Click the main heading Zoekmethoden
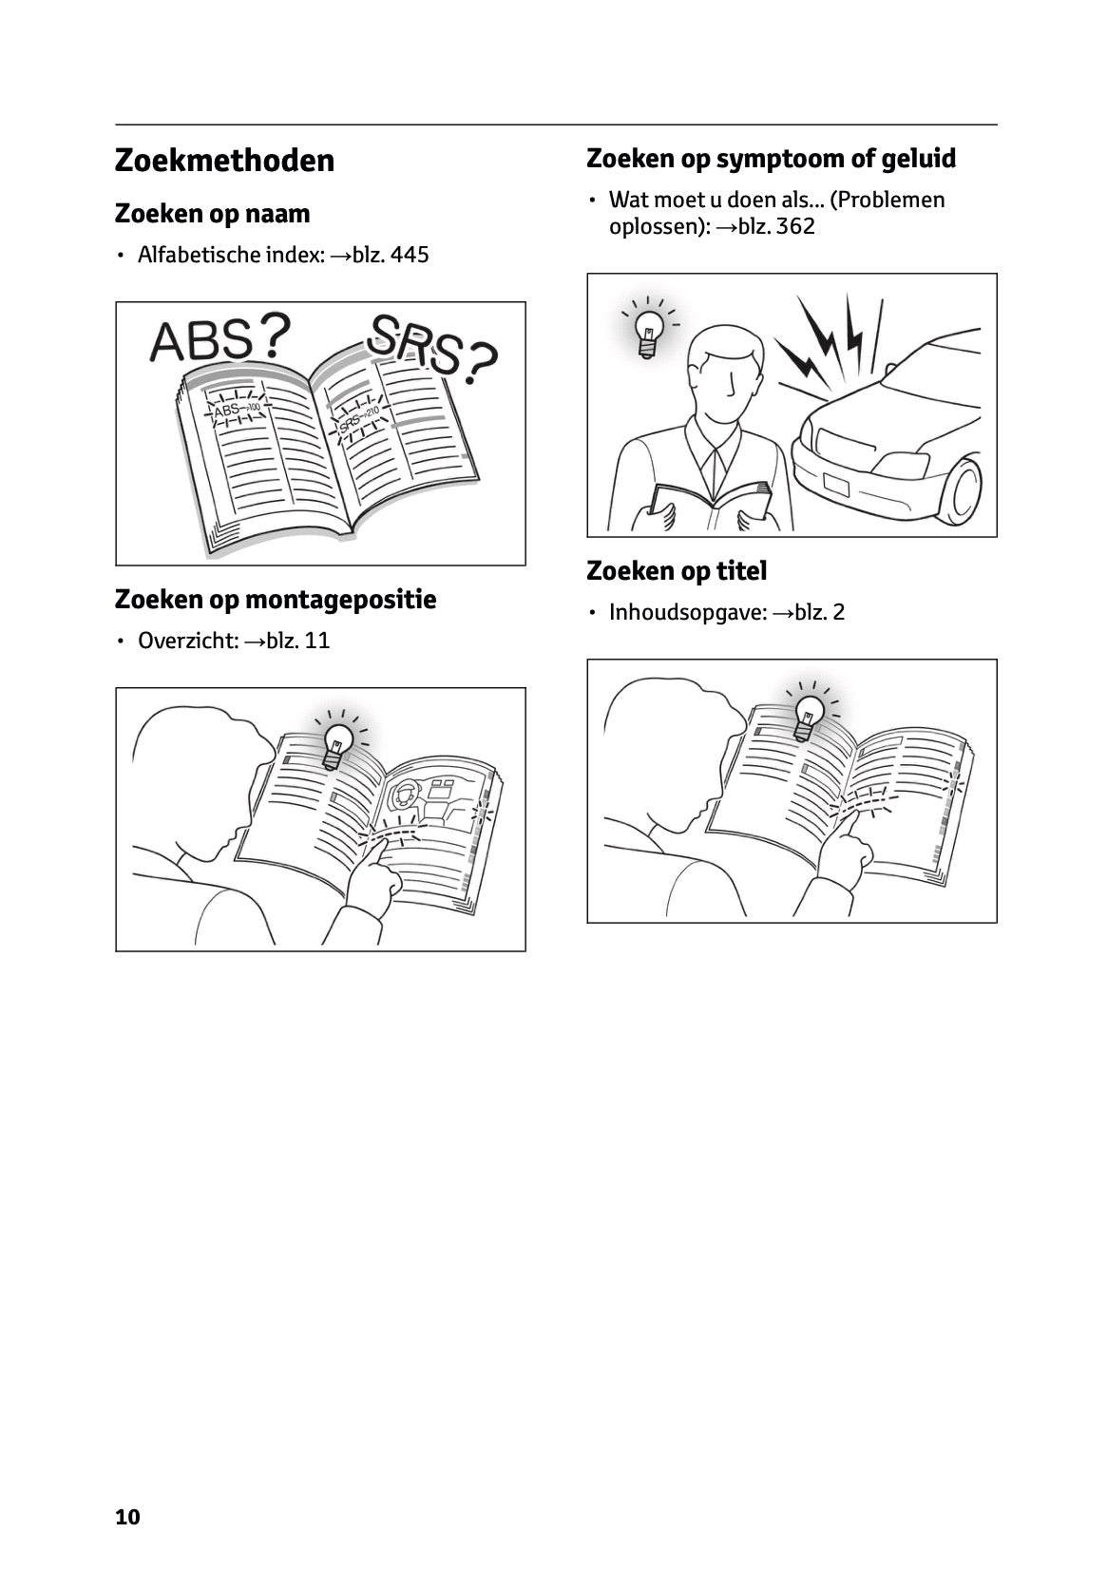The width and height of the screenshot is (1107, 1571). pyautogui.click(x=224, y=161)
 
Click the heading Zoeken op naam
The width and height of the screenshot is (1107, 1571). pyautogui.click(x=212, y=214)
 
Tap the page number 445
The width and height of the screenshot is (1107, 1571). pyautogui.click(x=409, y=255)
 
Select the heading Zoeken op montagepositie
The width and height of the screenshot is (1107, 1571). pyautogui.click(x=275, y=600)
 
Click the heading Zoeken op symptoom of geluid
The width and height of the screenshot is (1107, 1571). pyautogui.click(x=771, y=158)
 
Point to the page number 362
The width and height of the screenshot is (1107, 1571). pyautogui.click(x=795, y=226)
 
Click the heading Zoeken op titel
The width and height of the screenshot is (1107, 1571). pyautogui.click(x=677, y=571)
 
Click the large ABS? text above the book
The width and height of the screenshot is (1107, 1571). pyautogui.click(x=219, y=339)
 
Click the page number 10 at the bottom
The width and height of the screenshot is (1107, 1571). pyautogui.click(x=127, y=1517)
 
